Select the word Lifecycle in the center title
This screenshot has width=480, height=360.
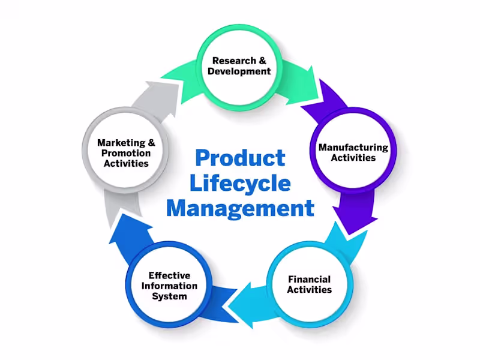pos(240,184)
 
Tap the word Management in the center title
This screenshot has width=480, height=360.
pos(240,208)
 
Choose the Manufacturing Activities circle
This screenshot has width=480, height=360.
pos(353,152)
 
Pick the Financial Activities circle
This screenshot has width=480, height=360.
pos(309,284)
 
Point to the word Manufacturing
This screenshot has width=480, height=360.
pos(353,148)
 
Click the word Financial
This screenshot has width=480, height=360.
pos(309,279)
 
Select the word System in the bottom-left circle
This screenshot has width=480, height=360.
pos(169,296)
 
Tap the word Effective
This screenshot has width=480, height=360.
pos(169,275)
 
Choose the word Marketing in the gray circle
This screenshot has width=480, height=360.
pos(121,143)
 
